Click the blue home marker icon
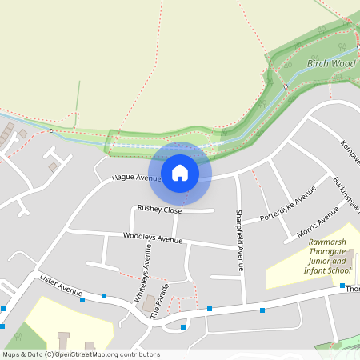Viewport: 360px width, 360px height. click(x=180, y=173)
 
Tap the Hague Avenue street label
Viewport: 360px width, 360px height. click(x=136, y=178)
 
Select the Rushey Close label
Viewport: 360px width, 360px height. click(x=159, y=209)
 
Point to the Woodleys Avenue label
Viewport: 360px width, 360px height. click(x=153, y=238)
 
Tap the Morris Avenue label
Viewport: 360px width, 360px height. click(x=318, y=220)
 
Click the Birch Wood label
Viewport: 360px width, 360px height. click(x=330, y=62)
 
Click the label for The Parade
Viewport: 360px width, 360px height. click(x=160, y=301)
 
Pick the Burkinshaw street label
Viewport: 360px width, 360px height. click(x=346, y=192)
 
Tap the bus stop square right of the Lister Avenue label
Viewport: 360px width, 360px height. click(x=104, y=296)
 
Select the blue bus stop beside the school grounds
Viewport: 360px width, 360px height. click(x=342, y=286)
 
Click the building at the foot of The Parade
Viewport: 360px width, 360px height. click(x=149, y=305)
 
